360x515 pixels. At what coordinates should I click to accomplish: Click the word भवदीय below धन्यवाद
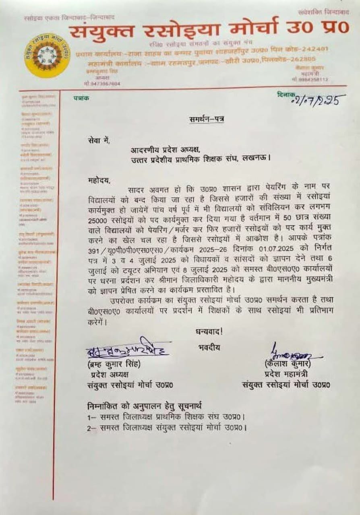tap(209, 347)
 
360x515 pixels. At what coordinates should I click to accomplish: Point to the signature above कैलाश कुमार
tap(290, 354)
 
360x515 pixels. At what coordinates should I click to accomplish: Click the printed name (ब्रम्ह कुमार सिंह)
tap(114, 364)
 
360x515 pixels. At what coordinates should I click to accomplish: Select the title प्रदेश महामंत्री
tap(286, 374)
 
